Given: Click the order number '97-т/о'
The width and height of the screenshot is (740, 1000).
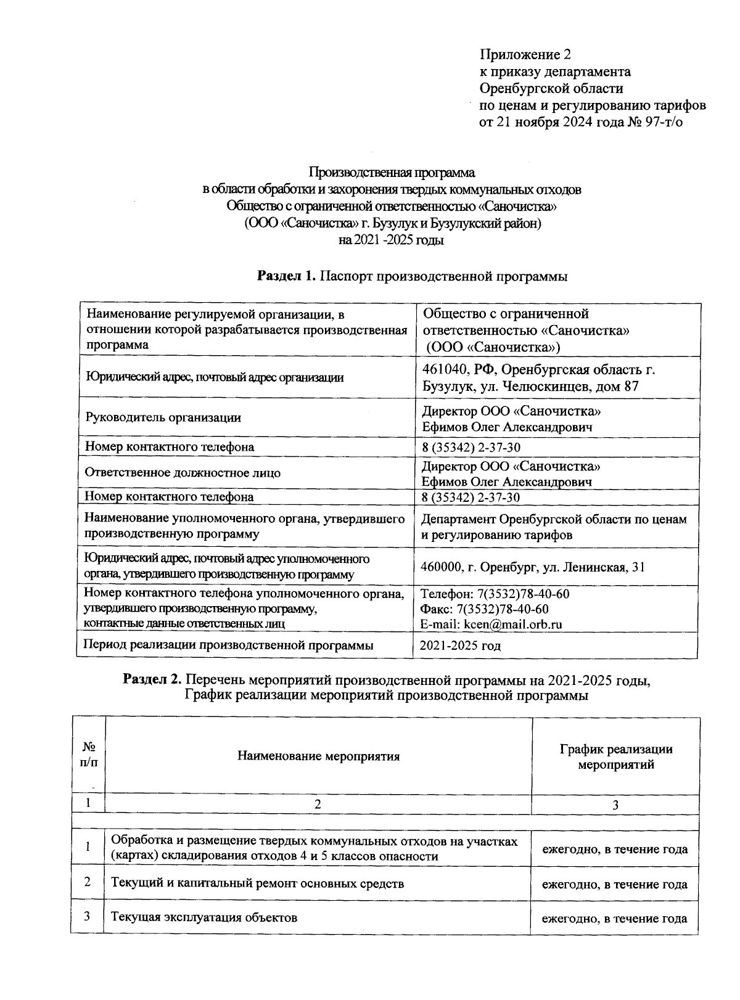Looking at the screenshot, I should click(661, 121).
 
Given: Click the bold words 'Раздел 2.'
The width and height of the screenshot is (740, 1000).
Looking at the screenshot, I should click(152, 680).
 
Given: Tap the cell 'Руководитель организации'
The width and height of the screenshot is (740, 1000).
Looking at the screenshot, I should click(163, 417).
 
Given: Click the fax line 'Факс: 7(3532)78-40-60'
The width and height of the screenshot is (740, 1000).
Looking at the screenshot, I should click(485, 609).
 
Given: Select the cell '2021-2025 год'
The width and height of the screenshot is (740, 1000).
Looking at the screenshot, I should click(460, 646).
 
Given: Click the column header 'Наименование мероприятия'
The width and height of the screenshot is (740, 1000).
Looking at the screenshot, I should click(318, 756).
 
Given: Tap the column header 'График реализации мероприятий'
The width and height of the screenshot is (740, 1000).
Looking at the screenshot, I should click(615, 757).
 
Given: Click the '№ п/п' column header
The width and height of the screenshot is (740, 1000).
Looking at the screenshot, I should click(88, 754).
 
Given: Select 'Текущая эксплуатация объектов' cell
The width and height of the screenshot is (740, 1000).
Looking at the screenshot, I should click(204, 917).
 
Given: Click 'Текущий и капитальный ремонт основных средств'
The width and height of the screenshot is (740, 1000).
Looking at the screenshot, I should click(257, 883).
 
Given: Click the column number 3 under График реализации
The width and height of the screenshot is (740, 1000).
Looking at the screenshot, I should click(615, 805).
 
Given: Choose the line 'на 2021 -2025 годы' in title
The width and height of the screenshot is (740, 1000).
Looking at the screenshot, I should click(391, 240).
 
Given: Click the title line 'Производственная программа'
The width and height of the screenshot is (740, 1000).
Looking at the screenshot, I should click(392, 173).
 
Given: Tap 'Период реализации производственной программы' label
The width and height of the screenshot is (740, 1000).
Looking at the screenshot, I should click(228, 645).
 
